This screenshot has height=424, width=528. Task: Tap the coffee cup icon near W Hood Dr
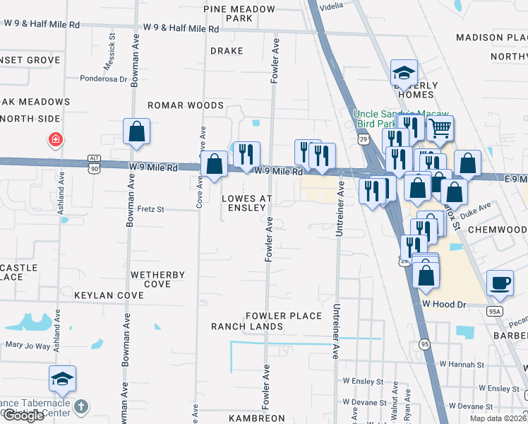pyautogui.click(x=500, y=282)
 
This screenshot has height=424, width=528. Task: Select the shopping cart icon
pyautogui.click(x=440, y=129)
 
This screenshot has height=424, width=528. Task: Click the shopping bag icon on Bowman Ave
pyautogui.click(x=136, y=131)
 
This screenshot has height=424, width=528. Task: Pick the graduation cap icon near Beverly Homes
pyautogui.click(x=404, y=72)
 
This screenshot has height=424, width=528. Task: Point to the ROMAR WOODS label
pyautogui.click(x=185, y=105)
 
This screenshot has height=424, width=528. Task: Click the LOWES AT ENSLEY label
pyautogui.click(x=244, y=203)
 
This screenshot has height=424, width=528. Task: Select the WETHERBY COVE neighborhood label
pyautogui.click(x=157, y=279)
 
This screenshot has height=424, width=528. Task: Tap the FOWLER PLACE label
pyautogui.click(x=284, y=316)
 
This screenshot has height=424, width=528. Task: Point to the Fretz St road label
pyautogui.click(x=150, y=209)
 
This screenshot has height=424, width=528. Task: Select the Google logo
pyautogui.click(x=23, y=416)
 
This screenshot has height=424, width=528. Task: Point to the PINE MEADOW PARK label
pyautogui.click(x=239, y=13)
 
